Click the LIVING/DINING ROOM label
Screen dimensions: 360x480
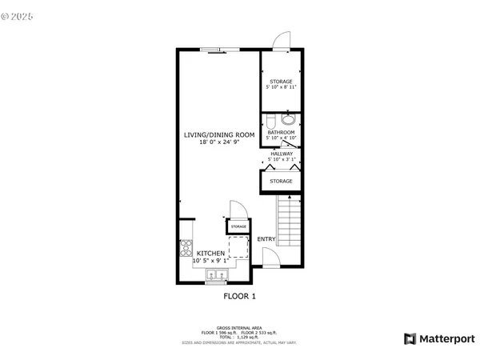[219, 135]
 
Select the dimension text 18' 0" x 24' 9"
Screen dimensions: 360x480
[219, 142]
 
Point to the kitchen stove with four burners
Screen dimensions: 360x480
[186, 247]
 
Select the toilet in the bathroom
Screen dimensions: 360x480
[270, 121]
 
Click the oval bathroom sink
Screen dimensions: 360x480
[289, 120]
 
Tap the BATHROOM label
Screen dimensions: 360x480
[281, 133]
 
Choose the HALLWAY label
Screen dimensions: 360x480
[281, 154]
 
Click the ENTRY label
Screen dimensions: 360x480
[266, 239]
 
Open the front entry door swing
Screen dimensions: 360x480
[270, 258]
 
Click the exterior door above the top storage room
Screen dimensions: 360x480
[281, 42]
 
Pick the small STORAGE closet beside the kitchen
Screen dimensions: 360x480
[238, 226]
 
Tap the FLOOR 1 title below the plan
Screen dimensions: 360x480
[239, 297]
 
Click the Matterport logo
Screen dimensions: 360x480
[439, 338]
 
